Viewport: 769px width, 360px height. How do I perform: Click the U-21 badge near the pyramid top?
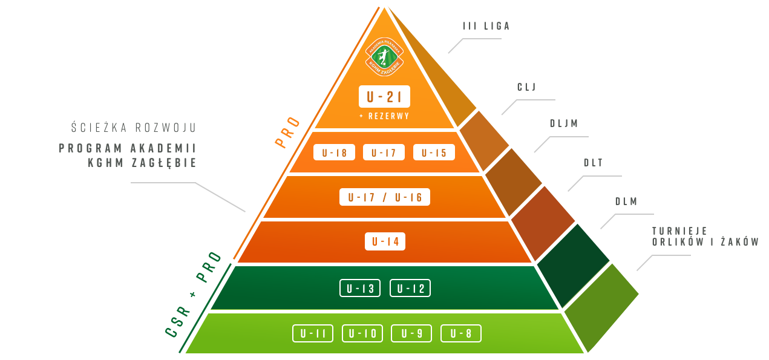point(384,97)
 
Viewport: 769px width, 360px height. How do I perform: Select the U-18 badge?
point(334,152)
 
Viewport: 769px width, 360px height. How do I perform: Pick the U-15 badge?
point(434,152)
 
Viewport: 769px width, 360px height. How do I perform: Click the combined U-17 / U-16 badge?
point(385,197)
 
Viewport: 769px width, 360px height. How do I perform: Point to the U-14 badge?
point(385,241)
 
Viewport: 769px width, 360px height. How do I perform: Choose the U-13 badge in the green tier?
point(360,288)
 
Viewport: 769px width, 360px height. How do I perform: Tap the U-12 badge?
point(410,288)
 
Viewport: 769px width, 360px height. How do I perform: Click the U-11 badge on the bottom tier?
point(313,333)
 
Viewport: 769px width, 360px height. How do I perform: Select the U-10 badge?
point(362,333)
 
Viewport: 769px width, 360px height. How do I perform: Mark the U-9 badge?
point(411,333)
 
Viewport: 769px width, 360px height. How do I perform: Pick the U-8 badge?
point(461,333)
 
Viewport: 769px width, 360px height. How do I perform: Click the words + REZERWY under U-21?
point(384,116)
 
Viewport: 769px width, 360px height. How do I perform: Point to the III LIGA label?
point(486,26)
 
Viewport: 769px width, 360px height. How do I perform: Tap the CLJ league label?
point(526,87)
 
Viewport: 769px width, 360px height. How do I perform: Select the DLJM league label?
point(563,123)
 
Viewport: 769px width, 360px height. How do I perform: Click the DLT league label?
point(593,162)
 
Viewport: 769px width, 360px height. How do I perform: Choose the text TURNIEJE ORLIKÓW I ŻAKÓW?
point(705,237)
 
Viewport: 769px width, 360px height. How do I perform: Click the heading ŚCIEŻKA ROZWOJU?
point(133,128)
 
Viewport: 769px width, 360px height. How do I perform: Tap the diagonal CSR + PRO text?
point(193,293)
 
